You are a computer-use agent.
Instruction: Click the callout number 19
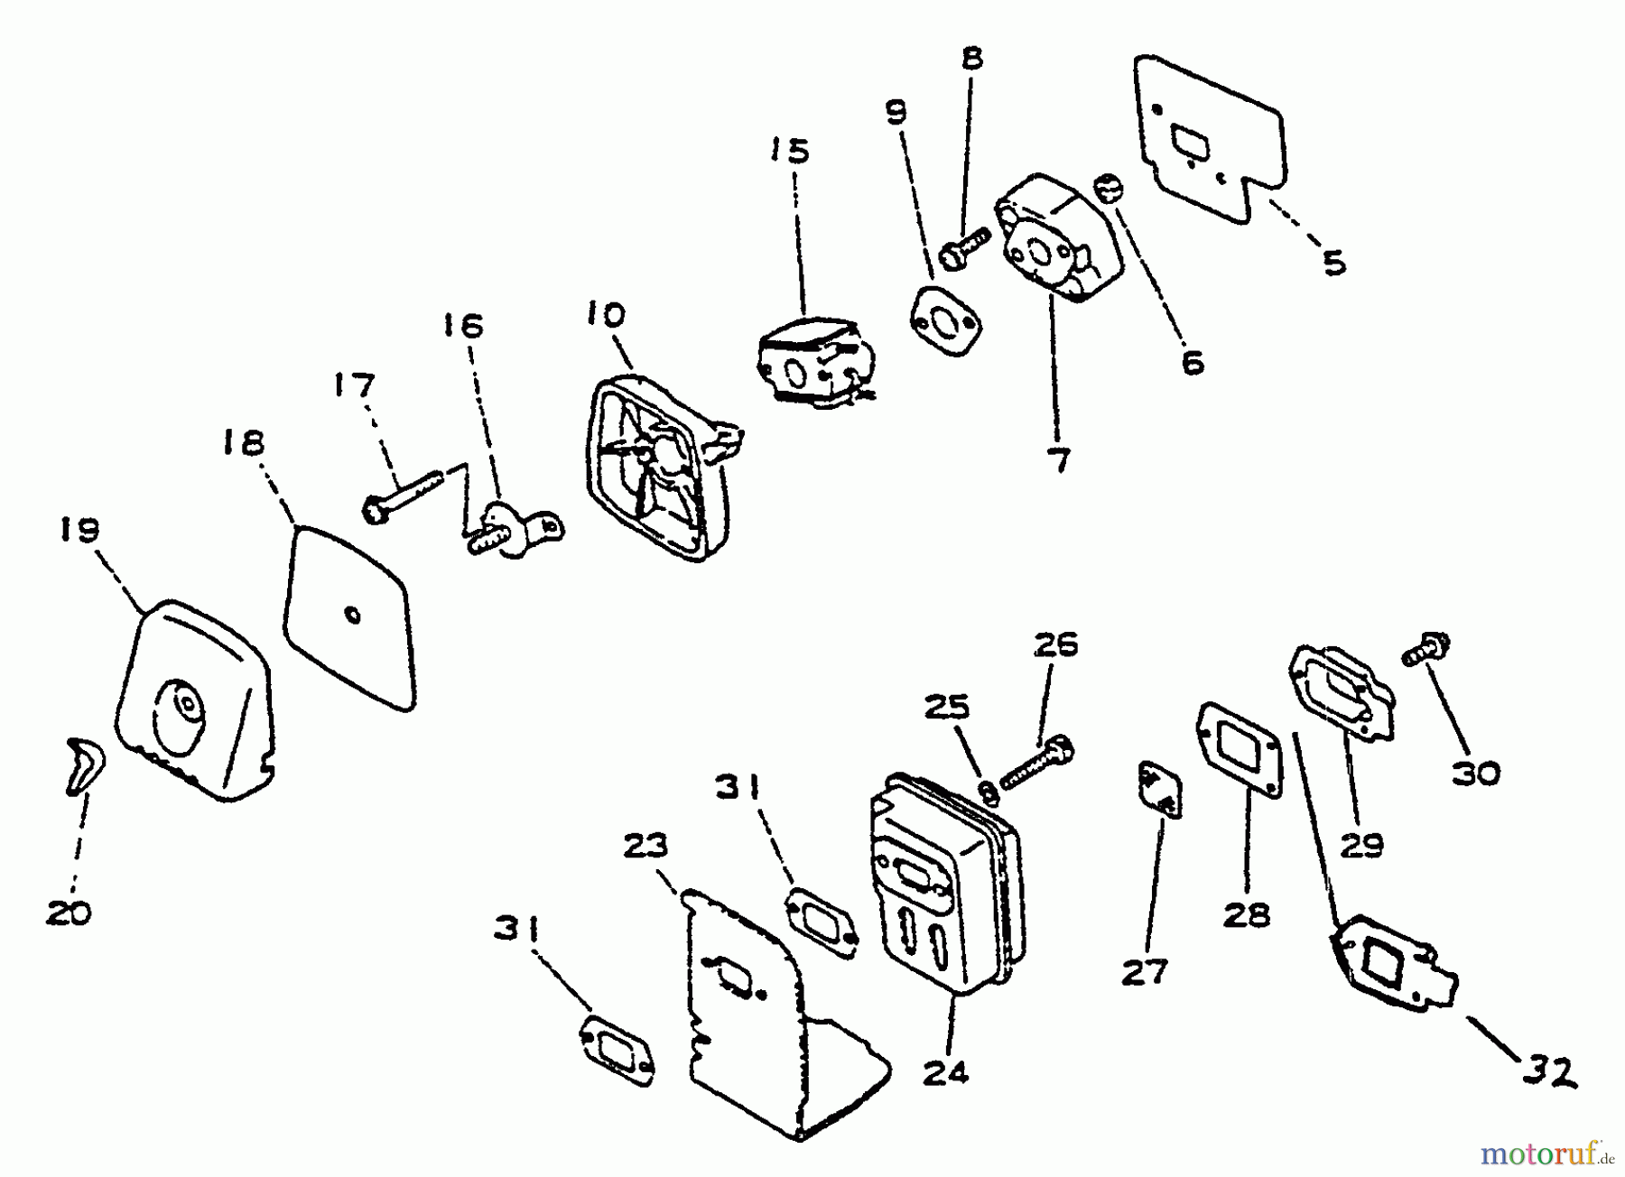click(79, 530)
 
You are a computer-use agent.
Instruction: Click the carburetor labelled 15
click(809, 366)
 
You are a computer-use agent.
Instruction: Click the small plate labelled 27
click(1158, 789)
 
